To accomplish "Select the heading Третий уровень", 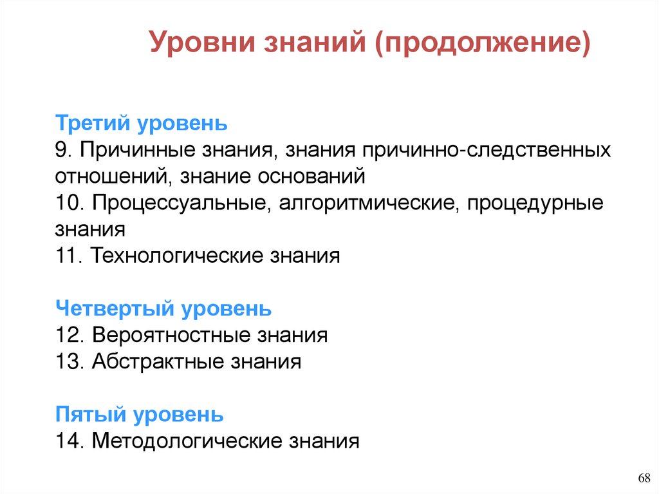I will tap(142, 122).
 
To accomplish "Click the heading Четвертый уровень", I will tap(163, 309).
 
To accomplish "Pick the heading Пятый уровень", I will tap(140, 414).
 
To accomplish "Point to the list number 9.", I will tap(63, 149).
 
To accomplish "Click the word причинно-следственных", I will tap(486, 149).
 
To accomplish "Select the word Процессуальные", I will tap(181, 203).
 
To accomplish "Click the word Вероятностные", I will tap(171, 335).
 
